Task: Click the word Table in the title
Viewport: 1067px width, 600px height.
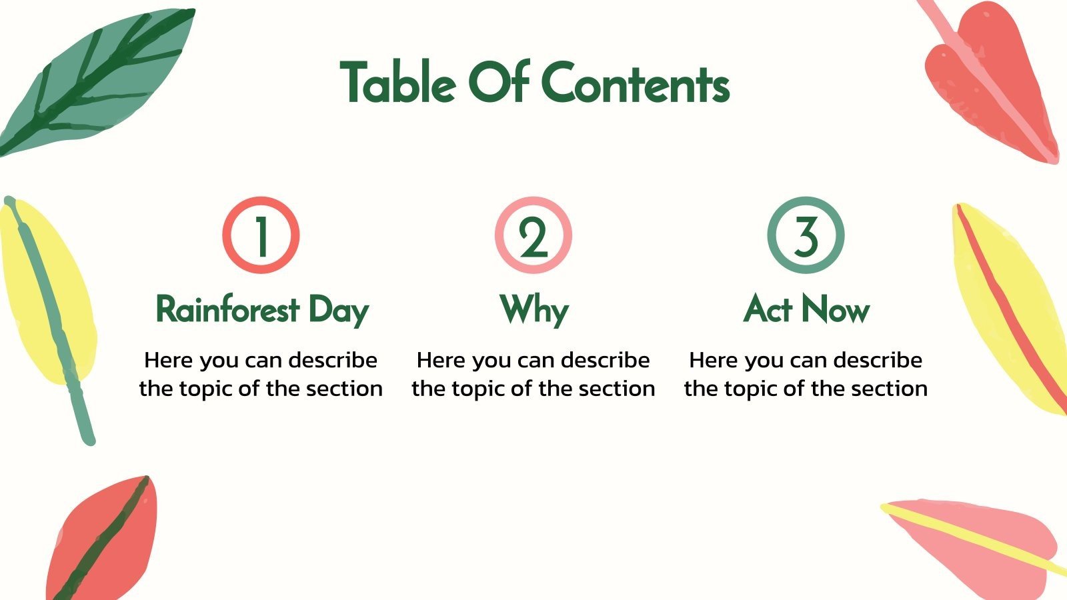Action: tap(398, 83)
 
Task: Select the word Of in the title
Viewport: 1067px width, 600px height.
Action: tap(499, 83)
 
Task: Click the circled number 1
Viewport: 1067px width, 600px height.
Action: tap(261, 235)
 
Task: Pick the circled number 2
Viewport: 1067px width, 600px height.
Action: tap(533, 235)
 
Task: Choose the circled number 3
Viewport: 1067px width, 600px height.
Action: tap(806, 235)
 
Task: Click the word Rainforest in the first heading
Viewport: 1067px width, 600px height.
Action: tap(227, 310)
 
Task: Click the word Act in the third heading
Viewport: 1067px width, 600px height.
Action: tap(769, 309)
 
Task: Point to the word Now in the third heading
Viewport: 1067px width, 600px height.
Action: tap(836, 310)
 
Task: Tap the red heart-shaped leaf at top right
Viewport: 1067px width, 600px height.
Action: tap(987, 80)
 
